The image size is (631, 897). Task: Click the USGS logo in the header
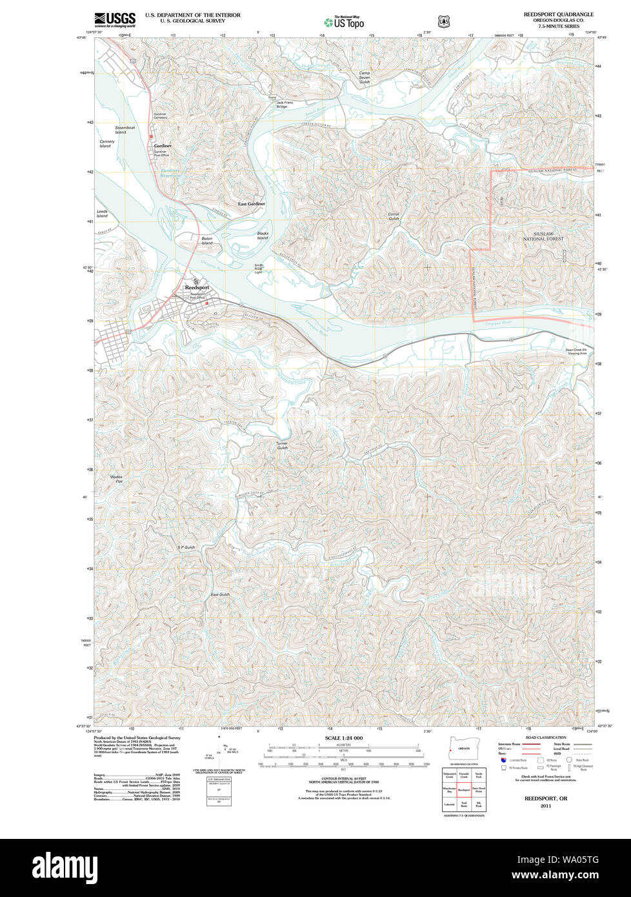coord(115,19)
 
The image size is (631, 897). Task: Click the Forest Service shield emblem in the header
coord(443,22)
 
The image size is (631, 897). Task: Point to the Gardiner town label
coord(163,146)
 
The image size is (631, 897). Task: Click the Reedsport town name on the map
coord(197,287)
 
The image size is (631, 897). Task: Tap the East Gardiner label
coord(251,204)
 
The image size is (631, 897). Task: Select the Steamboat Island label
coord(125,130)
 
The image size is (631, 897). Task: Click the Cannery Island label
coord(106,143)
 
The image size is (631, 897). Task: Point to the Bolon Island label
coord(206,240)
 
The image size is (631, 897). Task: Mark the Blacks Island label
coord(263,236)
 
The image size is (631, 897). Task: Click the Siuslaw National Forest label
coord(543,236)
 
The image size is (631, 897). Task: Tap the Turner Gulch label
coord(281,445)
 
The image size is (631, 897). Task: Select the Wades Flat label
coord(116,479)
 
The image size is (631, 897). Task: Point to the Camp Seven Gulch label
coord(365,77)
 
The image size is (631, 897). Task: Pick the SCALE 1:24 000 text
coord(344,738)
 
